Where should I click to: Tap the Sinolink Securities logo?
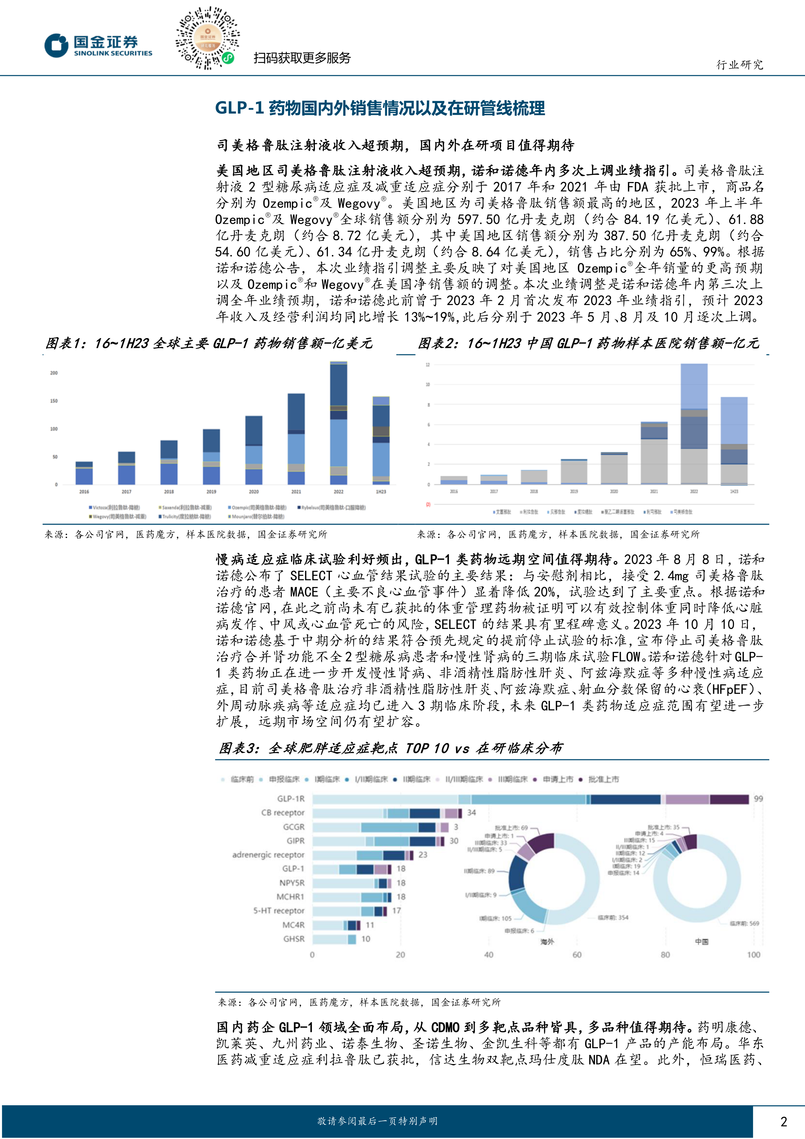[99, 46]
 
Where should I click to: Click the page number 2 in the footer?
[783, 1121]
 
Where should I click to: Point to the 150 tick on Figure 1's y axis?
[54, 401]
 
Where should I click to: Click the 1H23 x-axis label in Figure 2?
[734, 491]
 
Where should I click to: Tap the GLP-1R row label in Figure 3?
[291, 799]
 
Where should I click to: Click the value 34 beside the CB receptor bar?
[471, 813]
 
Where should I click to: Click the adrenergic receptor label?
[268, 855]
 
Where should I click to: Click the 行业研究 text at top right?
[739, 65]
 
